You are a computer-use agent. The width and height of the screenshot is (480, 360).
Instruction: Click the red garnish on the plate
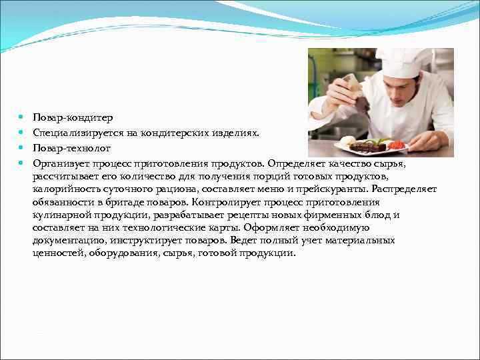click(397, 144)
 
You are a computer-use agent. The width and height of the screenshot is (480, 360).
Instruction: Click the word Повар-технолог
click(71, 147)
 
